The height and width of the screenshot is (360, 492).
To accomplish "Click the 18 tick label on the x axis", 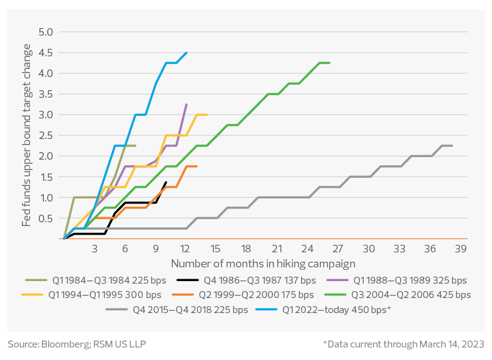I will coord(246,249).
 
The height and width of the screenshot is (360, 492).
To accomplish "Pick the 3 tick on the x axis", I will coord(95,249).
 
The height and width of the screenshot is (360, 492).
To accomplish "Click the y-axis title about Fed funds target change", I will coord(27,135).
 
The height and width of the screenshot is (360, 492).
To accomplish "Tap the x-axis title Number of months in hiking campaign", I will coord(263,264).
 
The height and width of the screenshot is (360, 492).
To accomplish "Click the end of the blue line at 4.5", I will coord(186,53).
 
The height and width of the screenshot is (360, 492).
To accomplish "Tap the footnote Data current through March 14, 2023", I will coord(403,344).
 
